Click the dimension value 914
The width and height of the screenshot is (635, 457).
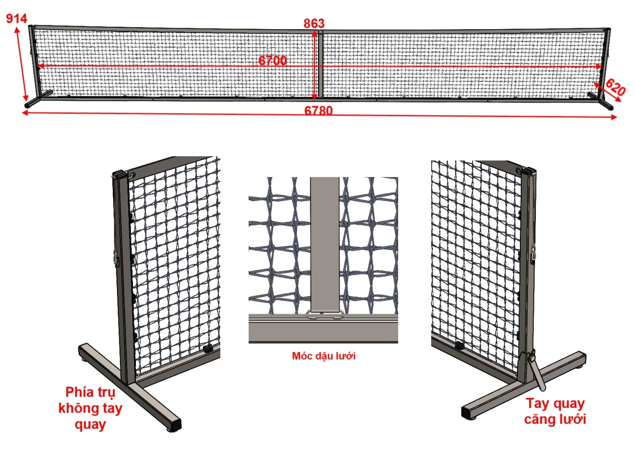click(17, 19)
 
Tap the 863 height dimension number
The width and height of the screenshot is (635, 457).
click(314, 23)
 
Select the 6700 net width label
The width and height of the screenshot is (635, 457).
click(272, 60)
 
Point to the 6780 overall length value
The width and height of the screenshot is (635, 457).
click(318, 110)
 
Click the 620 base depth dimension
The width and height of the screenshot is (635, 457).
click(615, 87)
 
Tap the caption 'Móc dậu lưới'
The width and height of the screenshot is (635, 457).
click(324, 355)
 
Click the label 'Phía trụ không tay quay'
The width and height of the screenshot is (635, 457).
click(91, 408)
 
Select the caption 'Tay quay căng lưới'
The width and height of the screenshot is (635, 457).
click(555, 411)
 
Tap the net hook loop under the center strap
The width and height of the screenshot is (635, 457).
click(325, 314)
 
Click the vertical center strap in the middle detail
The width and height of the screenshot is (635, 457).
click(325, 244)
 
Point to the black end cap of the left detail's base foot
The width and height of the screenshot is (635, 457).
click(176, 424)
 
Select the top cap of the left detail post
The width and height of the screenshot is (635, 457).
click(118, 173)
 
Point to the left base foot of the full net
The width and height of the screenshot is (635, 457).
click(38, 99)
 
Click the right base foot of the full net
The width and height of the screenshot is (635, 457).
click(601, 101)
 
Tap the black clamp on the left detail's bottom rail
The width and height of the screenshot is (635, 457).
click(209, 347)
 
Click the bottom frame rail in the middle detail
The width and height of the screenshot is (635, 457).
click(323, 331)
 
